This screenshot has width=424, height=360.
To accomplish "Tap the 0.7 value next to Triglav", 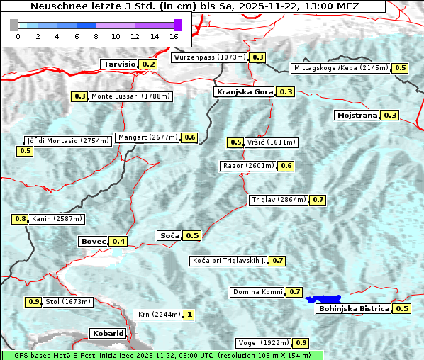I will [318, 200].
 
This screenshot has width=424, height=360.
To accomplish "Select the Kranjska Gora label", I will [243, 91].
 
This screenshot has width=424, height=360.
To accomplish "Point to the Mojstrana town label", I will [357, 115].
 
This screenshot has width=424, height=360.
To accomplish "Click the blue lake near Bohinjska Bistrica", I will [323, 300].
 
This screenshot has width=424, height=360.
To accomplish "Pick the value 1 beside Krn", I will [189, 315].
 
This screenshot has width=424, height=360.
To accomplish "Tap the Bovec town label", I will [93, 241].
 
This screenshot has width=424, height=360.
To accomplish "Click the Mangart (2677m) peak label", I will [147, 137].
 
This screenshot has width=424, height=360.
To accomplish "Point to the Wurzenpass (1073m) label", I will [210, 57].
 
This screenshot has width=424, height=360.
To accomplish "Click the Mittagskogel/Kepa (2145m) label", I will [340, 68].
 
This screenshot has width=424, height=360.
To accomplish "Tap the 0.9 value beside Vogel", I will [301, 343].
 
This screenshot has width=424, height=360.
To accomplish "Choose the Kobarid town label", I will [108, 333].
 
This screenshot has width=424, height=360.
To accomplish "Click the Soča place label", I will [169, 235].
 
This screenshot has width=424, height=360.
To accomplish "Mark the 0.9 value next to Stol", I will [33, 302].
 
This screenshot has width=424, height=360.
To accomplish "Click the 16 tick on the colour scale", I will [174, 35].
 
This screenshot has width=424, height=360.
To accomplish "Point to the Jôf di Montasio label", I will [68, 140].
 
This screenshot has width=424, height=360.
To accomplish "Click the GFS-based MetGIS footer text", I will [162, 355].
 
